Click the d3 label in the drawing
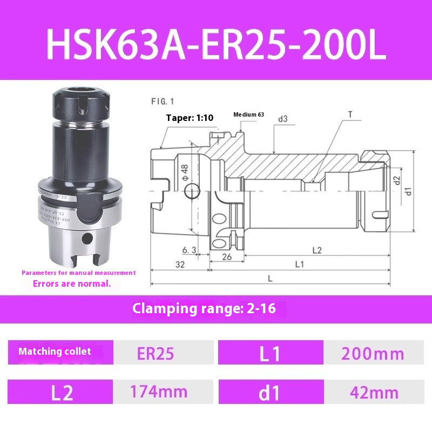point(283,119)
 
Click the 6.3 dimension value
point(189,249)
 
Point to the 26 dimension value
point(227,257)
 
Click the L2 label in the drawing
point(317,250)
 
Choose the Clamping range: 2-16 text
point(197,309)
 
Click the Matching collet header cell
point(55,352)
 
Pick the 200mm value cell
point(373,354)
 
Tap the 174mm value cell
point(159,391)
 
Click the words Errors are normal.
point(72,283)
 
